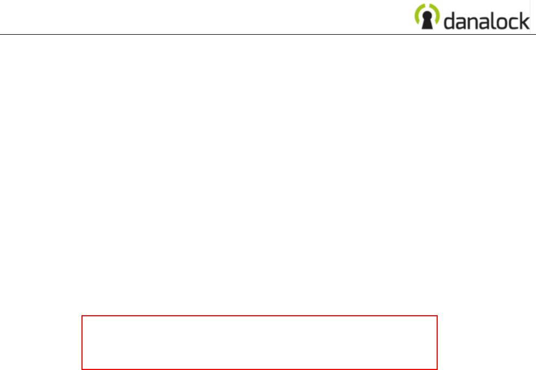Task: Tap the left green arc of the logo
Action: [418, 16]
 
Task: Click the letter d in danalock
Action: [450, 20]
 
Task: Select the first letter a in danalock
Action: [462, 22]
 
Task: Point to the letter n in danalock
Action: [474, 22]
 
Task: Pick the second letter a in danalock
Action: [486, 22]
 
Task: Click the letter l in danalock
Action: [495, 20]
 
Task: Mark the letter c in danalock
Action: [514, 22]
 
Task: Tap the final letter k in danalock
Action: [525, 20]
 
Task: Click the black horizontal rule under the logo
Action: [217, 35]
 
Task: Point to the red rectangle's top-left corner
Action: [82, 316]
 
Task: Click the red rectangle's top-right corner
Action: [437, 316]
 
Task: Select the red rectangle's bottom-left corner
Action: [82, 369]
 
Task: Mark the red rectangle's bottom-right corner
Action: [437, 369]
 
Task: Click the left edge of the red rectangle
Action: [82, 342]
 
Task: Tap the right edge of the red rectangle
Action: [437, 342]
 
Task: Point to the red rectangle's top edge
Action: [260, 316]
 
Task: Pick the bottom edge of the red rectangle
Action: [260, 369]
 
